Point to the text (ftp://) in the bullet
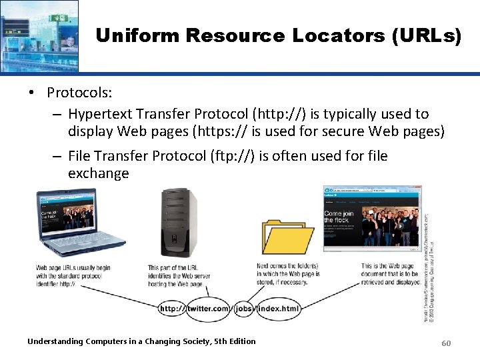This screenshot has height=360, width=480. [x=233, y=156]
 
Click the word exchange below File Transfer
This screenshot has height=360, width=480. [x=98, y=173]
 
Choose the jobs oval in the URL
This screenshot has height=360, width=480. [x=243, y=309]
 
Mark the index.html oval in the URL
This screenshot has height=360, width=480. [x=278, y=309]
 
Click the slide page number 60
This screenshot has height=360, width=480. [x=446, y=342]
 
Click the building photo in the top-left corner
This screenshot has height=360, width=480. [x=39, y=35]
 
